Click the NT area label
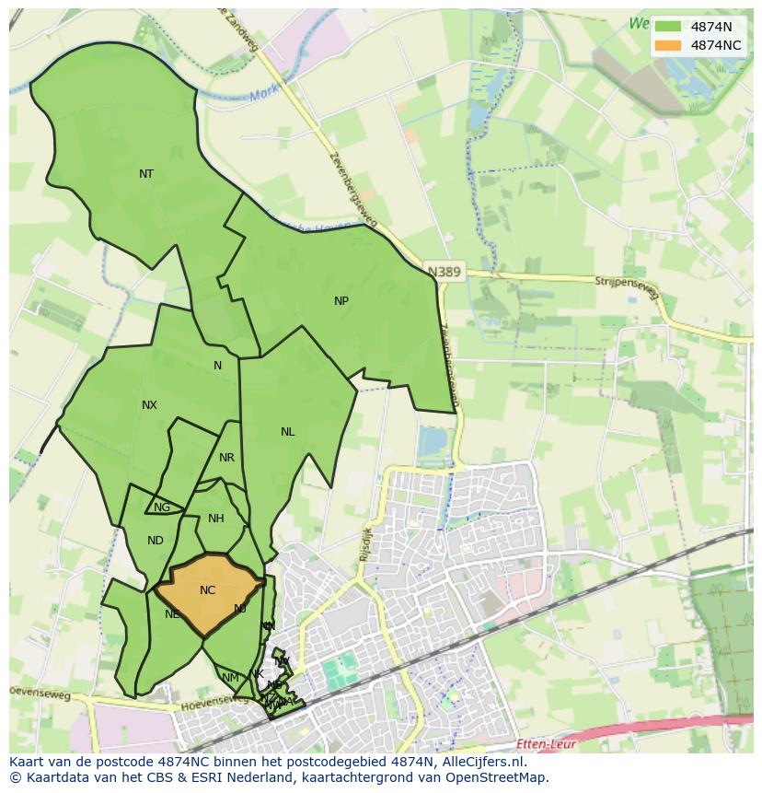coord(146,174)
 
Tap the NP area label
coord(341,301)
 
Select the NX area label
coord(149,405)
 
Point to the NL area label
coord(288,432)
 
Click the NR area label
coord(226,458)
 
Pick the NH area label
coord(215,519)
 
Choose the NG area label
coord(162,507)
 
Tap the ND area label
coord(155,541)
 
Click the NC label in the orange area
coord(207,590)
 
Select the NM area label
coord(230,678)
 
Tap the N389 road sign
coord(444,273)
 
